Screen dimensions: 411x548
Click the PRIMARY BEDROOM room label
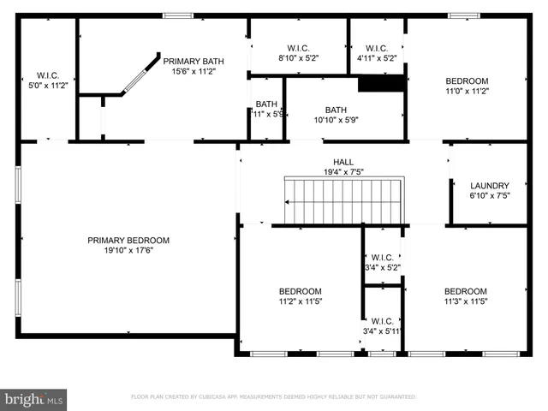128,240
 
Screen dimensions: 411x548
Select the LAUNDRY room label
490,186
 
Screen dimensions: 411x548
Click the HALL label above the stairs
342,162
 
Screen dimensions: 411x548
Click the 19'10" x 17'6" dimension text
128,250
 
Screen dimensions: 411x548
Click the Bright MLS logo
34,398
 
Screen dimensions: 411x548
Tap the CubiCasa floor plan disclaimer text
273,397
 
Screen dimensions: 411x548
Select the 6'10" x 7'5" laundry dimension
490,196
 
